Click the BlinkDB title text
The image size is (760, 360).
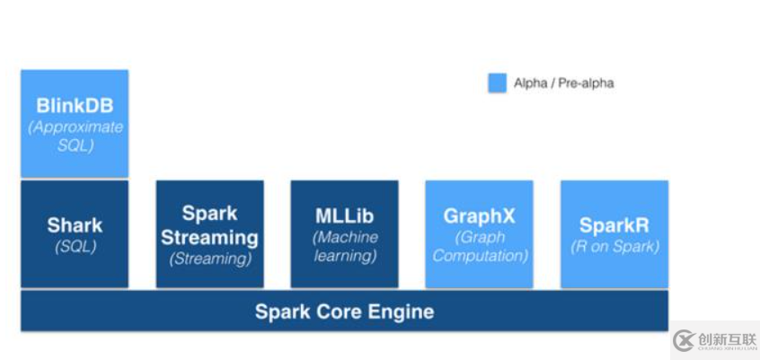pyautogui.click(x=75, y=105)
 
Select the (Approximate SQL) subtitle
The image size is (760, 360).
pyautogui.click(x=75, y=136)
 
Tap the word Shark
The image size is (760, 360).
pyautogui.click(x=75, y=225)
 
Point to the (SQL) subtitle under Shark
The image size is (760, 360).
pyautogui.click(x=75, y=246)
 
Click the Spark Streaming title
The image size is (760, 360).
pyautogui.click(x=209, y=225)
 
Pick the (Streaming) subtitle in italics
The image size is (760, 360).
pyautogui.click(x=209, y=259)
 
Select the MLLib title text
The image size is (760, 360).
pyautogui.click(x=344, y=216)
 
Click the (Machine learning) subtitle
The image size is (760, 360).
pyautogui.click(x=344, y=246)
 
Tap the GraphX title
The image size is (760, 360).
pyautogui.click(x=479, y=216)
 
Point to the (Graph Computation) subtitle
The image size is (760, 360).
pyautogui.click(x=479, y=246)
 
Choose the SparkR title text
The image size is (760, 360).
pyautogui.click(x=614, y=225)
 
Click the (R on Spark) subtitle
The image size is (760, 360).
pyautogui.click(x=614, y=246)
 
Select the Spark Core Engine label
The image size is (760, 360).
pyautogui.click(x=344, y=312)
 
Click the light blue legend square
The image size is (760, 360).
pyautogui.click(x=497, y=83)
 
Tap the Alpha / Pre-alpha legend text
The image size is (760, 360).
pyautogui.click(x=563, y=83)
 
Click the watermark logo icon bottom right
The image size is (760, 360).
pyautogui.click(x=684, y=340)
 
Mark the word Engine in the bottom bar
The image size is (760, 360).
pyautogui.click(x=400, y=312)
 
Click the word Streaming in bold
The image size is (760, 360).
pyautogui.click(x=209, y=238)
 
